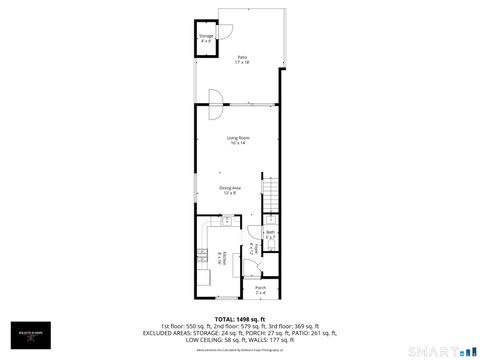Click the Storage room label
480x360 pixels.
[206, 38]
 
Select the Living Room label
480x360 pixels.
[237, 139]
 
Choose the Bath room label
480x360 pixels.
[270, 235]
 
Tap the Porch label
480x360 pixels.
[260, 289]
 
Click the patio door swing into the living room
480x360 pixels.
[214, 97]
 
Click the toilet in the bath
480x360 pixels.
[270, 243]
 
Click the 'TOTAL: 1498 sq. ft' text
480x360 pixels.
[240, 319]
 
